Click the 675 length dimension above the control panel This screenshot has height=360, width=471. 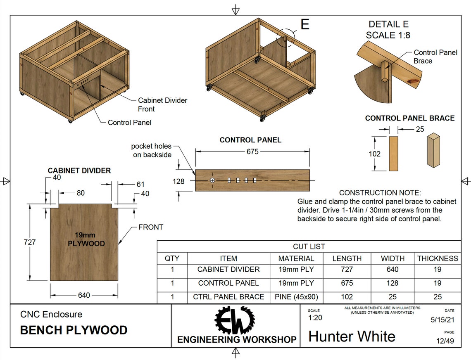click(252, 152)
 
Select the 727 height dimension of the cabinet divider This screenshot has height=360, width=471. click(30, 242)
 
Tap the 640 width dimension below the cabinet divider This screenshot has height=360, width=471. click(84, 295)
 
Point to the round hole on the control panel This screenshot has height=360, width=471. click(212, 180)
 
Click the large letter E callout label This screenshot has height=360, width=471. click(304, 24)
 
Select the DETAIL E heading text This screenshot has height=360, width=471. click(388, 24)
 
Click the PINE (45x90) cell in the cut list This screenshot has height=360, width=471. click(296, 297)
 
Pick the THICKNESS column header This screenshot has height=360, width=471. click(438, 258)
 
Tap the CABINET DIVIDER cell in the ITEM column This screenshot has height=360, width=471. click(228, 270)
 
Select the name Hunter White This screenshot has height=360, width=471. click(352, 336)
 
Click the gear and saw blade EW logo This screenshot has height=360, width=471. click(235, 320)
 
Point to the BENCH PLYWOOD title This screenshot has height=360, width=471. click(74, 330)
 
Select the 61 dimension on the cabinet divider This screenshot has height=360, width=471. click(140, 185)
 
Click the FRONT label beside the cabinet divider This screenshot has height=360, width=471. click(150, 227)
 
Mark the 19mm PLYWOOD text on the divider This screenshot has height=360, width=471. click(86, 239)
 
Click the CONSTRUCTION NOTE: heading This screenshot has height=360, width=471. click(380, 193)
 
